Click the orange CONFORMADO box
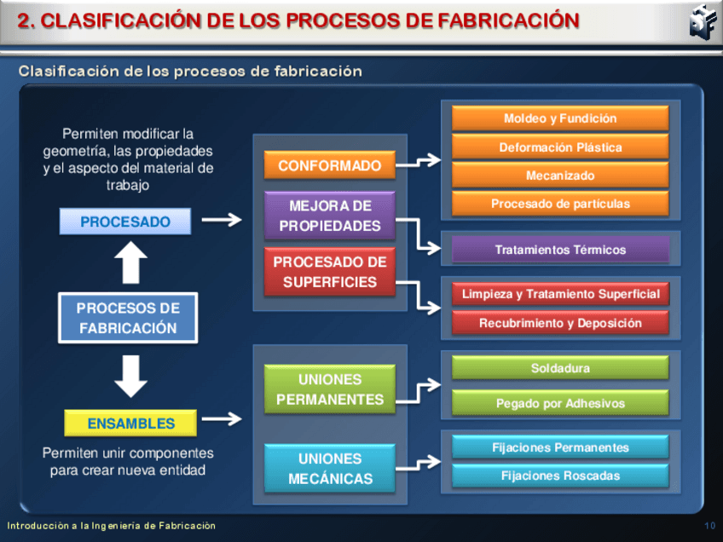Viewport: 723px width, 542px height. coord(329,165)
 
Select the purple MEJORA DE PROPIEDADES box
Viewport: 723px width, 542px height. coord(329,216)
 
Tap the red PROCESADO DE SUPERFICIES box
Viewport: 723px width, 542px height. coord(329,272)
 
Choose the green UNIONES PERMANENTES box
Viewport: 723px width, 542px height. coord(329,389)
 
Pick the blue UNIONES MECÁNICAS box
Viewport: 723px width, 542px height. coord(329,469)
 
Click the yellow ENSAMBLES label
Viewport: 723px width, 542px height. coord(130,424)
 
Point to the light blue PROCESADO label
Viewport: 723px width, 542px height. coord(125,222)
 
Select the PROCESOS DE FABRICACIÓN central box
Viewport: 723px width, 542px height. coord(128,318)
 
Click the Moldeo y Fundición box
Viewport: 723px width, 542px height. coord(559,118)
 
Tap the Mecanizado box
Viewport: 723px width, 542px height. coord(559,176)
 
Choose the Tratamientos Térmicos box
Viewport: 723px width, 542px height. coord(559,250)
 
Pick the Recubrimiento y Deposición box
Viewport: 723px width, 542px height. coord(559,323)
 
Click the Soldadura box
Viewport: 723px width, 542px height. coord(559,368)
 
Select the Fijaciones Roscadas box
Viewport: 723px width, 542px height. coord(559,476)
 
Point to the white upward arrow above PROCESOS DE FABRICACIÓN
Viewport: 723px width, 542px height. coord(130,263)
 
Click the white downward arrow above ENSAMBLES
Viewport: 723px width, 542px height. coord(130,375)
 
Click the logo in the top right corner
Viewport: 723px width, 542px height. coord(701,21)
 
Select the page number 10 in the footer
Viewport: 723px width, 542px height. coord(710,526)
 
